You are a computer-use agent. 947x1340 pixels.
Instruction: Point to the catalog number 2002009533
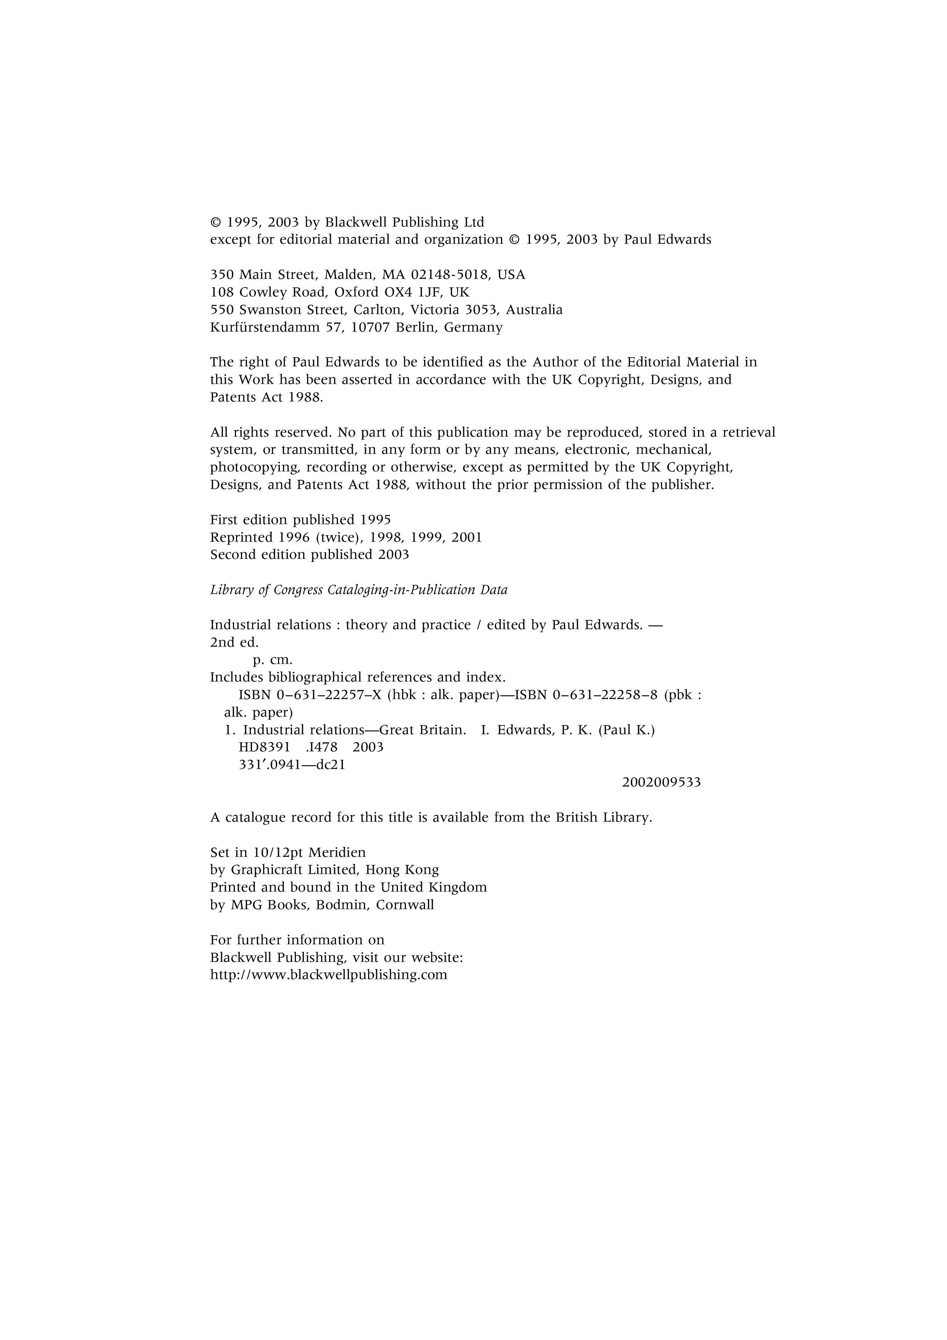tap(661, 782)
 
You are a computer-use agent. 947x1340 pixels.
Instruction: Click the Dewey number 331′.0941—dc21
tap(292, 765)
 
